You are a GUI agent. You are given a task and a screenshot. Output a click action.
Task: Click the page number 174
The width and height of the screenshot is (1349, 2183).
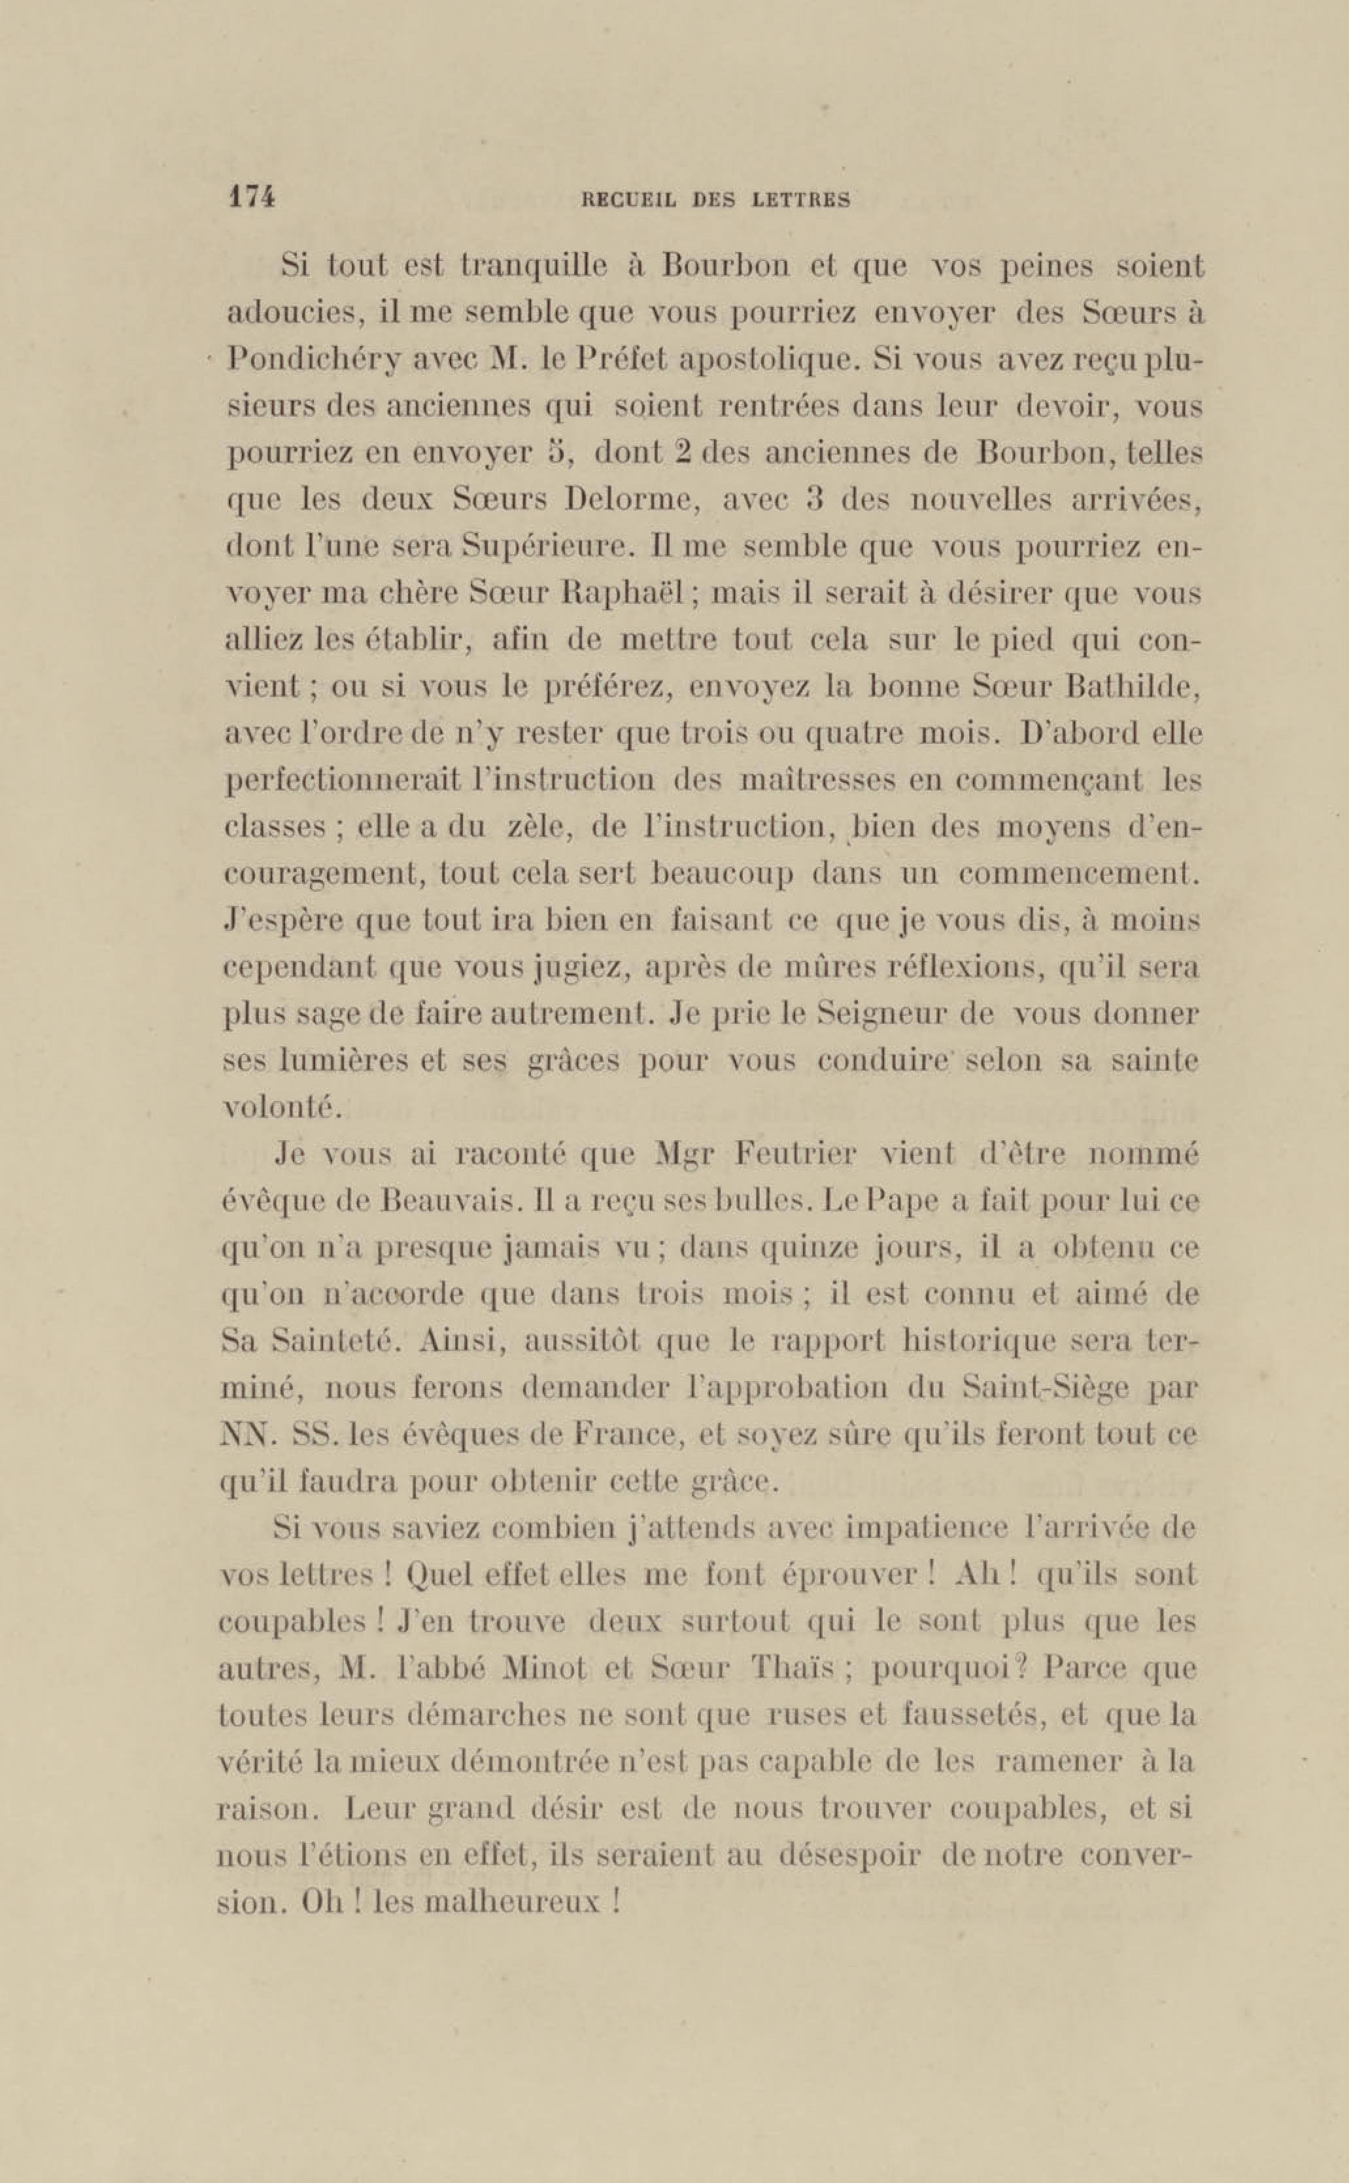[x=252, y=198]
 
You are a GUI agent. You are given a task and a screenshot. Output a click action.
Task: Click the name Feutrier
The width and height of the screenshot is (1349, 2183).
[x=796, y=1155]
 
